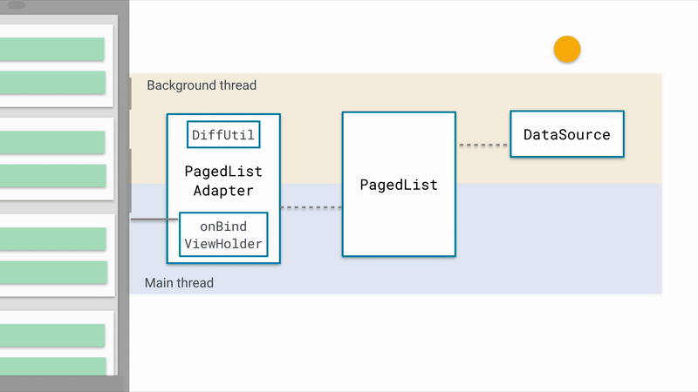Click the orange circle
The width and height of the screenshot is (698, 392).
click(x=567, y=51)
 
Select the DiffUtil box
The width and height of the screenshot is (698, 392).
click(x=223, y=135)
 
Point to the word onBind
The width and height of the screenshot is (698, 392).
click(x=223, y=226)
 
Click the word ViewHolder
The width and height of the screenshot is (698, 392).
click(x=223, y=244)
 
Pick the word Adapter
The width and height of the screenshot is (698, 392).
click(x=223, y=190)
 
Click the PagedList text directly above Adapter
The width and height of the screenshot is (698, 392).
click(x=223, y=171)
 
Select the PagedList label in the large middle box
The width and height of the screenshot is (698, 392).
click(x=399, y=185)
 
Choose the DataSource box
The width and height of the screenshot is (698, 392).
click(x=566, y=135)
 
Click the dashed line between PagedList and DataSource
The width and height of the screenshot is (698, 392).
click(x=482, y=145)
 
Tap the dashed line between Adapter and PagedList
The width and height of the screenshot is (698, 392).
click(x=311, y=207)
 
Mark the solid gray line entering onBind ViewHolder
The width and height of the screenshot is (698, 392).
click(x=154, y=220)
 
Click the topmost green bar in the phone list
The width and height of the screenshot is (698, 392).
click(x=52, y=49)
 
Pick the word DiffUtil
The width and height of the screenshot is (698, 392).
click(x=223, y=135)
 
